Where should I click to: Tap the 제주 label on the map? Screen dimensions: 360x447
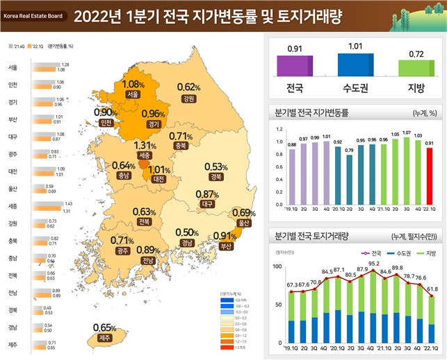(105, 338)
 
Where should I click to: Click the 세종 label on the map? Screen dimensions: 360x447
(145, 155)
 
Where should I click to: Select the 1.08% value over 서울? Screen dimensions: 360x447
(133, 84)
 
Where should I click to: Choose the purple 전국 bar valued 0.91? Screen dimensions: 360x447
(295, 65)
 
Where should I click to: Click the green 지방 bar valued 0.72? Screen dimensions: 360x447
(416, 67)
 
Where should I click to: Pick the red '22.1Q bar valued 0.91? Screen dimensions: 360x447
(429, 173)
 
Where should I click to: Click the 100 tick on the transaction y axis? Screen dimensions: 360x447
(277, 267)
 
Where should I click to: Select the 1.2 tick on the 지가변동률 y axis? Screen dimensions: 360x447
(279, 130)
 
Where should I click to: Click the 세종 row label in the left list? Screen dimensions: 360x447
(13, 206)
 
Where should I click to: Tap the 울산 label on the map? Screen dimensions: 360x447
(243, 223)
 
